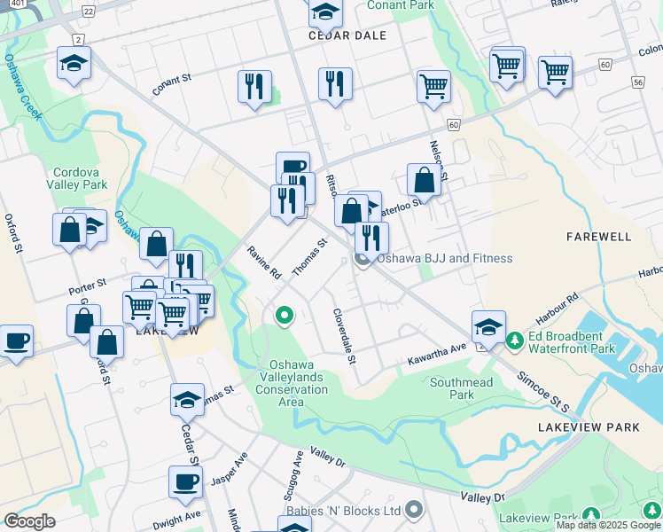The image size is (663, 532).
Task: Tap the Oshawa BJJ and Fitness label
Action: click(x=444, y=258)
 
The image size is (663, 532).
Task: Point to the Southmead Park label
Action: click(x=461, y=388)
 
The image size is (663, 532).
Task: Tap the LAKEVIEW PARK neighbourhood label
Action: click(x=589, y=427)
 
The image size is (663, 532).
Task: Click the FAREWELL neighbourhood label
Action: click(x=599, y=237)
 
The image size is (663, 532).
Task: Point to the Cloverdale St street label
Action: click(x=344, y=336)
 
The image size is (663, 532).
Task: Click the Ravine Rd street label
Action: click(x=264, y=263)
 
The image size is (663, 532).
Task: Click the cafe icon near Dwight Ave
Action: click(x=185, y=481)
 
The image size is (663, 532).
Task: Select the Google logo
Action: click(x=28, y=520)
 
